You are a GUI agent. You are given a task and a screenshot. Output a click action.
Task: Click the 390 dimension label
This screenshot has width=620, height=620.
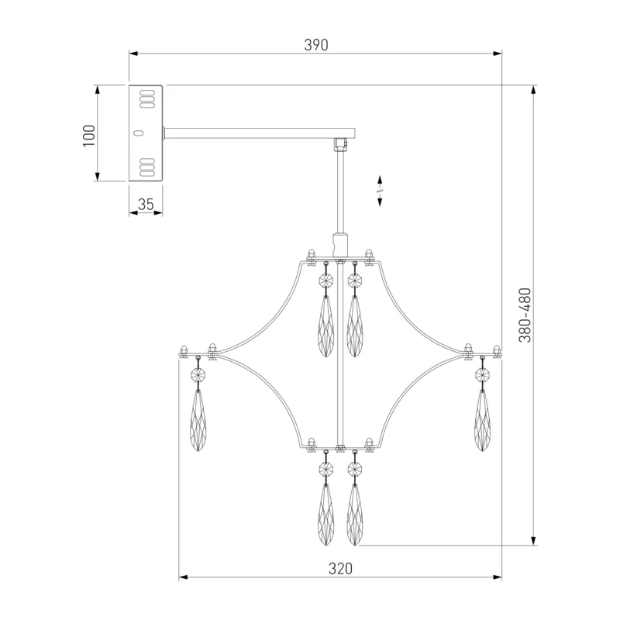pos(316,45)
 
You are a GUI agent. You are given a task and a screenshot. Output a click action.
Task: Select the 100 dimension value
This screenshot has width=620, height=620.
pos(89,136)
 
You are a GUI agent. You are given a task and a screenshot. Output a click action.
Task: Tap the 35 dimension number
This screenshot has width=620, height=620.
pos(146,205)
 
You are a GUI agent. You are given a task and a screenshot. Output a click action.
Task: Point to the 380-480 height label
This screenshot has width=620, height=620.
pos(525,315)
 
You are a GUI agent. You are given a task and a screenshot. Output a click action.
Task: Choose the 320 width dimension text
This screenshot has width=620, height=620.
pos(340,569)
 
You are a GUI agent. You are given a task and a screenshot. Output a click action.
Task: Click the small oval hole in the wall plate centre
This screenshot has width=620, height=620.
pos(138,133)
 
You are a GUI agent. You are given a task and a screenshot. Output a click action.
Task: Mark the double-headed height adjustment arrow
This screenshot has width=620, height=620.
pos(380,191)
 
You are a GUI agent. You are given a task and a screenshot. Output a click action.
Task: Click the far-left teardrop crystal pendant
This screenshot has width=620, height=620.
pos(198,420)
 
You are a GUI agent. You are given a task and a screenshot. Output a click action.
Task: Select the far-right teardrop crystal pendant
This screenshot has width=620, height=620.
pos(482,420)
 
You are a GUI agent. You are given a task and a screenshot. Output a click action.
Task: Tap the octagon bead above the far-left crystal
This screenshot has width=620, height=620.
pos(198,374)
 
